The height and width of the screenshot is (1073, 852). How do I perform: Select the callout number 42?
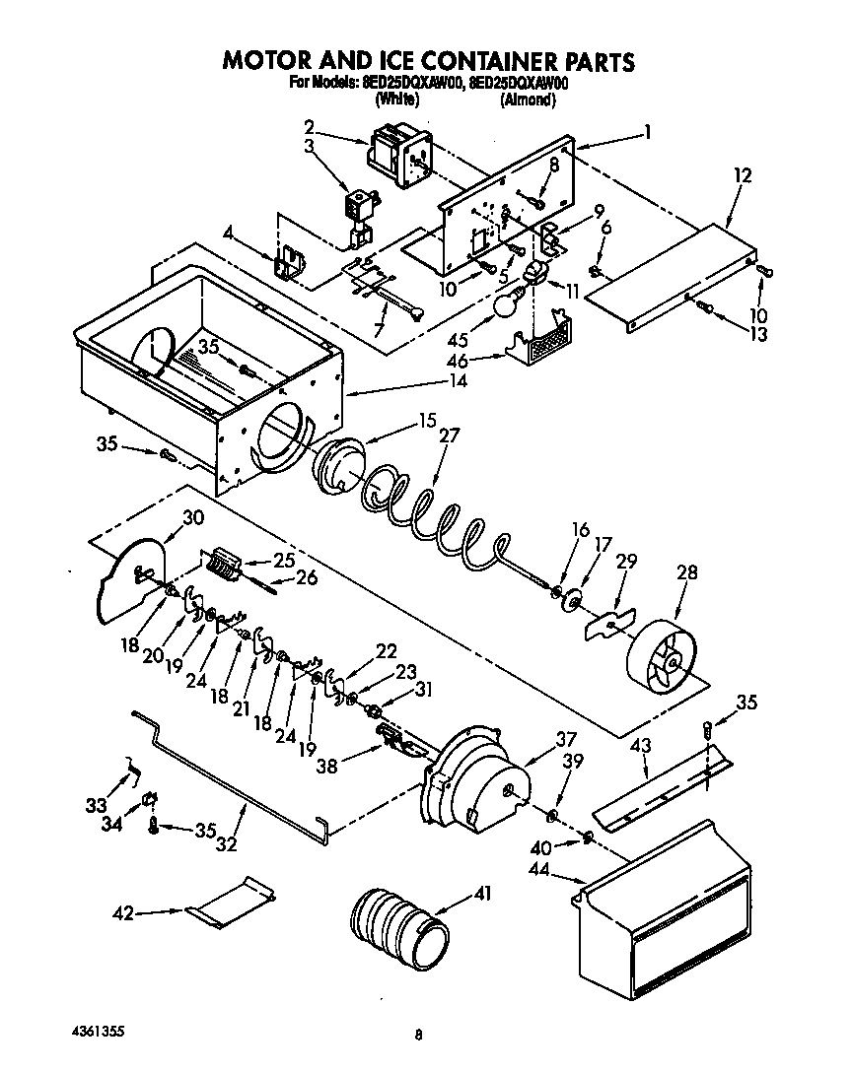click(x=122, y=913)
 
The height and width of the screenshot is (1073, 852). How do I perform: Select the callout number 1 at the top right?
click(x=648, y=130)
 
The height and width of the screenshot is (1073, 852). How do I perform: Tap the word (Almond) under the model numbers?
click(x=533, y=100)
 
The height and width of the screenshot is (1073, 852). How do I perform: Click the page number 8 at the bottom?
click(x=419, y=1035)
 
